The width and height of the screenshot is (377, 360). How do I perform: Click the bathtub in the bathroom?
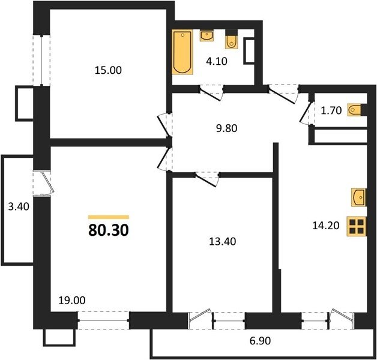182,52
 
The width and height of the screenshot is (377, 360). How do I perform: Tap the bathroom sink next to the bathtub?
206,35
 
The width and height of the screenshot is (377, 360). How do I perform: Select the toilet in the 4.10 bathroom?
232,40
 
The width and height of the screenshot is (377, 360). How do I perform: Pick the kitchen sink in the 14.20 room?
358,197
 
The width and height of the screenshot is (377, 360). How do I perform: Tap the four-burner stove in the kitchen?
357,226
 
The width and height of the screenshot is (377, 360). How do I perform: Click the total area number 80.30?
109,230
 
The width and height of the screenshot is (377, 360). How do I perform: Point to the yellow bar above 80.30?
109,217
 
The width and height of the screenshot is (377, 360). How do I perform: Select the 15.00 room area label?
108,70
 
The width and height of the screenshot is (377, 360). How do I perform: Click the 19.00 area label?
72,301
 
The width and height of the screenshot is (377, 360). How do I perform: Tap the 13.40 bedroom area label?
222,242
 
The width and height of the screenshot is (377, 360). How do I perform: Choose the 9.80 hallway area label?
227,128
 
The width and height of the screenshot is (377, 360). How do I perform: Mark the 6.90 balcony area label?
260,341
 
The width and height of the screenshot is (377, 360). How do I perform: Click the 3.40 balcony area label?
19,206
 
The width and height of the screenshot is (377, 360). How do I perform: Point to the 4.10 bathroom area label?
217,62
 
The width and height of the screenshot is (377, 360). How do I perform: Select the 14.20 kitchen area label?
326,226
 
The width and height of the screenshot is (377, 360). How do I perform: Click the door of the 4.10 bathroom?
211,93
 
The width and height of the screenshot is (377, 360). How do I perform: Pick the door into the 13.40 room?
207,179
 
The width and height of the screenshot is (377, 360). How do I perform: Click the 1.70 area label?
331,110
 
